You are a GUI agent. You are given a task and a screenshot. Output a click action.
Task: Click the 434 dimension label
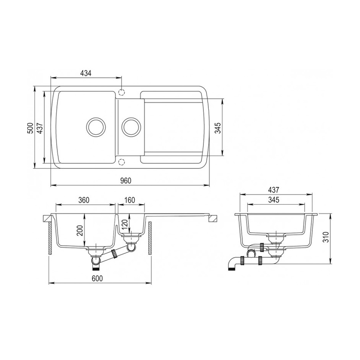coord(86,73)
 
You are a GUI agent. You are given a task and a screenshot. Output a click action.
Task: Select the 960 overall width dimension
coord(126,181)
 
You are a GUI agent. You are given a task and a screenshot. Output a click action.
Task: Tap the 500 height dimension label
coord(30,128)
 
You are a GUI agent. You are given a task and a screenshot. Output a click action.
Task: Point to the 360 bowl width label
coord(84,200)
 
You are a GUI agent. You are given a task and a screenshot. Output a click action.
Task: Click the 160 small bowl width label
coord(130,200)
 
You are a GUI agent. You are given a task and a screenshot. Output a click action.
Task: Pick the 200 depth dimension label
coord(80,231)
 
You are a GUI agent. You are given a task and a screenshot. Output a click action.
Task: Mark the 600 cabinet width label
coord(97,278)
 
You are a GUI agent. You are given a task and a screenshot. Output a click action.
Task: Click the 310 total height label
coord(326,237)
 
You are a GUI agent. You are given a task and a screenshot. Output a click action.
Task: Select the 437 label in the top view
coord(40,128)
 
